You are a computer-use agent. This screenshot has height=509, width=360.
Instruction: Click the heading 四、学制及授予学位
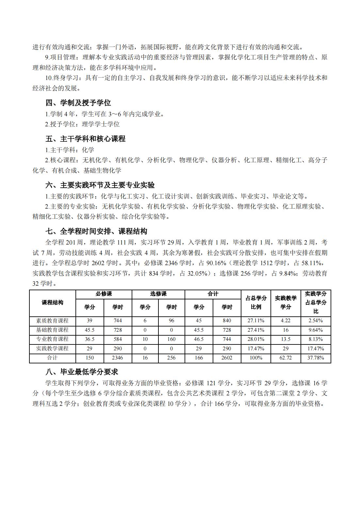[78, 103]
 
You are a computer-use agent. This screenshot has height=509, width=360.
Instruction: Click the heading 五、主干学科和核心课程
[85, 139]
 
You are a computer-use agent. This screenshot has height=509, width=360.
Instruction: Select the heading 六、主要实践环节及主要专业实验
[100, 185]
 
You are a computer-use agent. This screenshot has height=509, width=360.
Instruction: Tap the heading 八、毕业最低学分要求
[82, 372]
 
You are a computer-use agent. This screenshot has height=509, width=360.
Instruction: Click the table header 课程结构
[52, 303]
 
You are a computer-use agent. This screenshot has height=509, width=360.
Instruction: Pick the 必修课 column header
[104, 294]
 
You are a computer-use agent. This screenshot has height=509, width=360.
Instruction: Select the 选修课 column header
[158, 294]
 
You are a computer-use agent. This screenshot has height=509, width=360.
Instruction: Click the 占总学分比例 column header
[256, 303]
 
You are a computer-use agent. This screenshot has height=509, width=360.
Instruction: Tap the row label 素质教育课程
[52, 321]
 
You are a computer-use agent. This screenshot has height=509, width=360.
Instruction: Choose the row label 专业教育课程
[52, 339]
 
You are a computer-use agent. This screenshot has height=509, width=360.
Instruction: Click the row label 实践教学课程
[52, 348]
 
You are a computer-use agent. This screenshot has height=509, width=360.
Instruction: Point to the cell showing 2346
[118, 358]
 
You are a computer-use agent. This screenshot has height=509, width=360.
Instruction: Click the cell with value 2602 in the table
[227, 358]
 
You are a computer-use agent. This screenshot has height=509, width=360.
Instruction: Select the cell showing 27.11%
[256, 321]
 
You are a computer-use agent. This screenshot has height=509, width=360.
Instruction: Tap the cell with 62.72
[286, 358]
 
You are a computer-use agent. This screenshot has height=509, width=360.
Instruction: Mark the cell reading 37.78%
[316, 358]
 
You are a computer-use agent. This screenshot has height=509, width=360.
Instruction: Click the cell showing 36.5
[90, 339]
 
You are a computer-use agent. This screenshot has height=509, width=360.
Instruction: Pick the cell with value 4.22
[286, 321]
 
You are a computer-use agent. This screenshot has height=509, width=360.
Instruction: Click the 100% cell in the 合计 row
[256, 358]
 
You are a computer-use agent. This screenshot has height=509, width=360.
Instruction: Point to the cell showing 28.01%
[256, 339]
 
